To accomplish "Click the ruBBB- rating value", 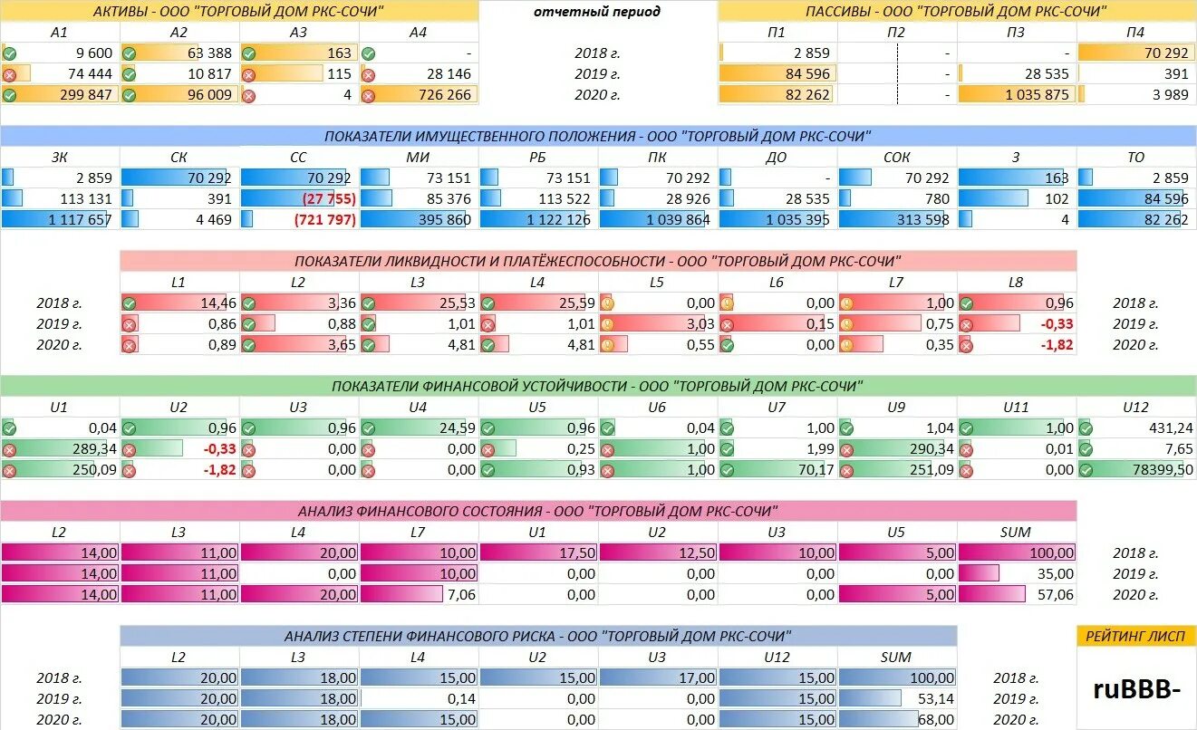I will pos(1137,689).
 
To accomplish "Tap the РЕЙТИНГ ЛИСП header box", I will pos(1137,636).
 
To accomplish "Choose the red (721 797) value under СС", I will pos(323,219).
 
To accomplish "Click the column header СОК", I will pos(897,157).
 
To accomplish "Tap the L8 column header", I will pos(1016,283).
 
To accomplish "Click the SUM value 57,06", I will pos(1052,594).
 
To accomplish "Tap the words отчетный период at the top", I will pos(597,12).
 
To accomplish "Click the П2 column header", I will pos(897,33).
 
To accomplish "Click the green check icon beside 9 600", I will pos(9,53).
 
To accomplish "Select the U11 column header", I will pos(1016,408).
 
